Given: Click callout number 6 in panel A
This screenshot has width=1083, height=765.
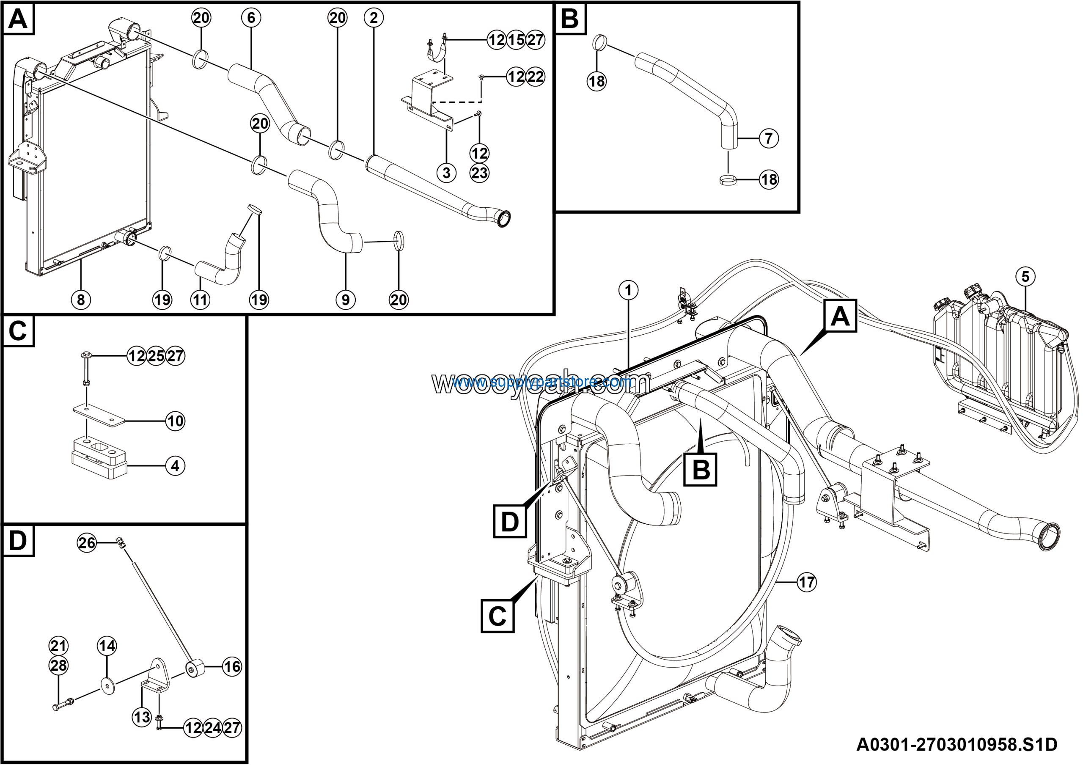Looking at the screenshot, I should pyautogui.click(x=250, y=18).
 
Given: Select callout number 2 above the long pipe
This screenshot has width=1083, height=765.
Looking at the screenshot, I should pyautogui.click(x=374, y=18).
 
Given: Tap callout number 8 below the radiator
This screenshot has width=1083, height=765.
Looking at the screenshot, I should pyautogui.click(x=81, y=300).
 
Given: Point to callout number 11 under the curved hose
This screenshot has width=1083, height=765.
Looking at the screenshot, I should pyautogui.click(x=200, y=300).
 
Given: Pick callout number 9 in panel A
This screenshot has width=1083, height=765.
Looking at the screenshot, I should pyautogui.click(x=345, y=300).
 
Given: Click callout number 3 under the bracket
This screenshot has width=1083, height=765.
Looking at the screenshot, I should pyautogui.click(x=446, y=173).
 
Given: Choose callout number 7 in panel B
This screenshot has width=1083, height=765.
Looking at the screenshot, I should pyautogui.click(x=768, y=138).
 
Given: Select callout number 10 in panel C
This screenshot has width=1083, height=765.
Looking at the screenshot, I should pyautogui.click(x=176, y=421).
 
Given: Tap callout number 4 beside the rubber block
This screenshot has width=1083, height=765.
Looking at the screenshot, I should pyautogui.click(x=176, y=466).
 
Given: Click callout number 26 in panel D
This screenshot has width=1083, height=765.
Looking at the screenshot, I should pyautogui.click(x=87, y=543).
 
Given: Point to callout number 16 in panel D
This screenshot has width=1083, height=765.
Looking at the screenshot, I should pyautogui.click(x=231, y=666).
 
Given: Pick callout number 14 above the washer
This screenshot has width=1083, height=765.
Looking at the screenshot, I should pyautogui.click(x=107, y=646).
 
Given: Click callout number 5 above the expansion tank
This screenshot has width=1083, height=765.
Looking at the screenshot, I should pyautogui.click(x=1025, y=276).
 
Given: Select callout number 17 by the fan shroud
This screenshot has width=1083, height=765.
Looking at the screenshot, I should pyautogui.click(x=807, y=582).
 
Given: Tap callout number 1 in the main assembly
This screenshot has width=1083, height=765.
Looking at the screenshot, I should pyautogui.click(x=628, y=290).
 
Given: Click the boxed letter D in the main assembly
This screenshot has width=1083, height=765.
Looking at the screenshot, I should pyautogui.click(x=509, y=521).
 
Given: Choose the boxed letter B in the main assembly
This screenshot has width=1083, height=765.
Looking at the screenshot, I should pyautogui.click(x=701, y=469).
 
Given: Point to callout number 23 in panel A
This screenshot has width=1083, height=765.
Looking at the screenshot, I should pyautogui.click(x=479, y=173).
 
